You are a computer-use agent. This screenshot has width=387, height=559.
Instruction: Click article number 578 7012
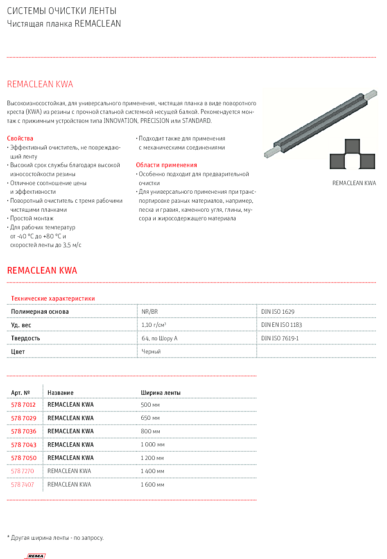23,405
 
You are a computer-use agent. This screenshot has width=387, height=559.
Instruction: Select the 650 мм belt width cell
150,418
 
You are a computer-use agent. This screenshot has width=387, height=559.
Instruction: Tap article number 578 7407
23,484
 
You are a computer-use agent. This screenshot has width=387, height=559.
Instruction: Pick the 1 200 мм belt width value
152,458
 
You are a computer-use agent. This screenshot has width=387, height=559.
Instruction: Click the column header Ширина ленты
161,393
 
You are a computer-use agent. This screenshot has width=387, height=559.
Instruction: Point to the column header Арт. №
20,393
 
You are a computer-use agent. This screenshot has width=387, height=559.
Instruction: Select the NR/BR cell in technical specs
149,312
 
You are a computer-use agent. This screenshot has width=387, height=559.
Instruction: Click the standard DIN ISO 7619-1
280,338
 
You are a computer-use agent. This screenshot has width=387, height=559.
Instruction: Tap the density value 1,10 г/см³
154,325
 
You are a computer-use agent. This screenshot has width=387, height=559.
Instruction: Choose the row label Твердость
25,338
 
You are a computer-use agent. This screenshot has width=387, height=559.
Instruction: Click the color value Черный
151,351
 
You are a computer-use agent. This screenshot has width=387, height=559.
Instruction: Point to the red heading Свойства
20,138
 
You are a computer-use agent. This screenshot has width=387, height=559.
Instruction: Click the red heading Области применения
166,165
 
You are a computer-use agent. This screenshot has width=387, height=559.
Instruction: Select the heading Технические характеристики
53,299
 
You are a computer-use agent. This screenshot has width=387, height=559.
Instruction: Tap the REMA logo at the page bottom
36,556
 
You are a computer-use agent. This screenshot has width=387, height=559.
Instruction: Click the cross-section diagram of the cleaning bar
352,155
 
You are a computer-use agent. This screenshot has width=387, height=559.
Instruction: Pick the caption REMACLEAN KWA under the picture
354,183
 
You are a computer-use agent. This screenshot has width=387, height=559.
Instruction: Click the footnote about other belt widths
55,538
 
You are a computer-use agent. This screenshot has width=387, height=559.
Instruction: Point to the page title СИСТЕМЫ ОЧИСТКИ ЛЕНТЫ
62,11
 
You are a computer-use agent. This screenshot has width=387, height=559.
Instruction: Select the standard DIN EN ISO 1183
281,325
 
